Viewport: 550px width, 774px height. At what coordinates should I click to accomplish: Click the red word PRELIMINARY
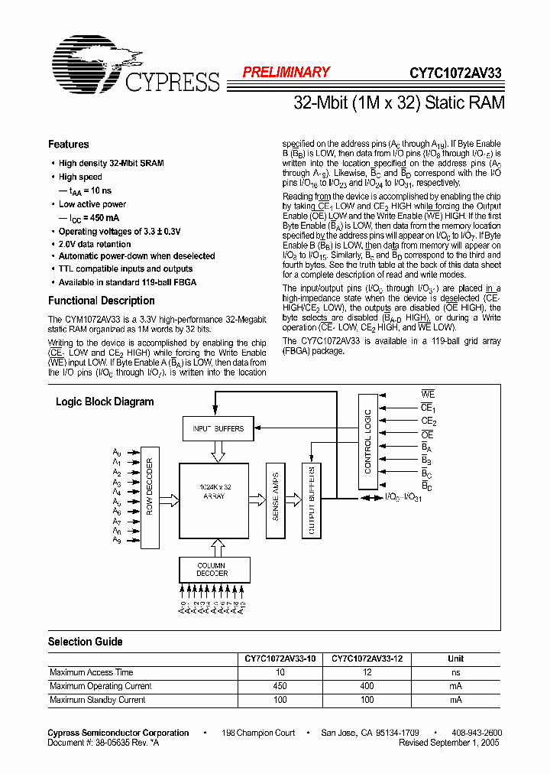coord(286,73)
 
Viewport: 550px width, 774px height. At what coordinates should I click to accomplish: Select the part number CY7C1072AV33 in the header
coord(455,73)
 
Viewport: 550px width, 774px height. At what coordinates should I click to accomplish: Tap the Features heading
coord(68,145)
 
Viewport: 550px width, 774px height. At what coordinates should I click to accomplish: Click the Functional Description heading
coord(101,301)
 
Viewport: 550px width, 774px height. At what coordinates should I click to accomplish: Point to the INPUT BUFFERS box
coord(218,428)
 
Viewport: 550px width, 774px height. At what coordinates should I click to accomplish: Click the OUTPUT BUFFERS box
coord(311,502)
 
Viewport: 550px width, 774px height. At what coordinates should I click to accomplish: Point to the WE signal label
coord(428,395)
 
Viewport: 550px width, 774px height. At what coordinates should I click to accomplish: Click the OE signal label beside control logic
coord(427,434)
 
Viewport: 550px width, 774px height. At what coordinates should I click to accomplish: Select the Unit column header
coord(456,659)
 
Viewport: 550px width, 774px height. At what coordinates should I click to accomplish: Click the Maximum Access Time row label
coord(91,672)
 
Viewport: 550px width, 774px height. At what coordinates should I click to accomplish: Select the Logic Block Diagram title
coord(105,402)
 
